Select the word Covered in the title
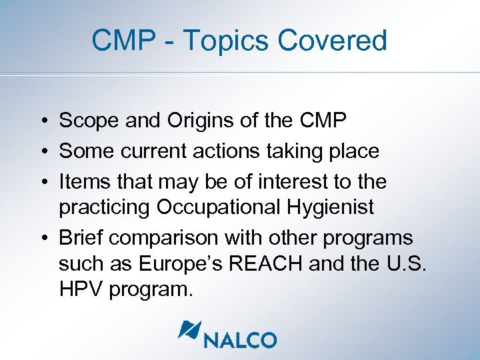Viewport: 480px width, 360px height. [332, 41]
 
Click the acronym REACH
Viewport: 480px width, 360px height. [277, 264]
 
